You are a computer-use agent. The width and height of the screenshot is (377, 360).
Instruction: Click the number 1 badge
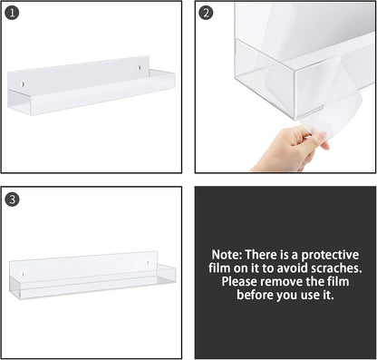click(x=12, y=13)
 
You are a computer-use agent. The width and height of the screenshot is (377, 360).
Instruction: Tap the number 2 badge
click(x=207, y=13)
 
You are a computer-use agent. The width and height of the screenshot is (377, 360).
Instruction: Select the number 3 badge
click(x=12, y=199)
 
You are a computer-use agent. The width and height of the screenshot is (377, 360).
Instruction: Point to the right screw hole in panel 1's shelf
click(x=139, y=68)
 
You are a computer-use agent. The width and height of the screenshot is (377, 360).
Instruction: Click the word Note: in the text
click(x=227, y=256)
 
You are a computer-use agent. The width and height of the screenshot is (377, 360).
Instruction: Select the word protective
click(x=330, y=256)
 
